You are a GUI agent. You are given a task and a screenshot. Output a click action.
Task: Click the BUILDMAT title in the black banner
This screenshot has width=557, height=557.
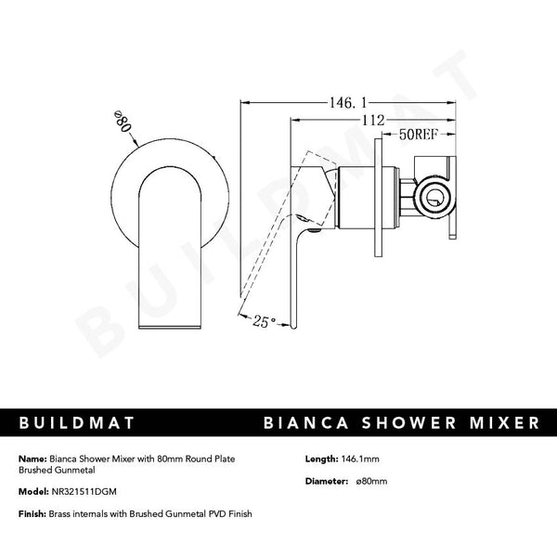coord(77,423)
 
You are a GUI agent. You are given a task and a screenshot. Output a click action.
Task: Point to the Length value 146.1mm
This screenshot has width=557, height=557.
coord(361,459)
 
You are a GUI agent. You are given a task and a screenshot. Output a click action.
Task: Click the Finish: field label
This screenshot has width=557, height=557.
coord(32,513)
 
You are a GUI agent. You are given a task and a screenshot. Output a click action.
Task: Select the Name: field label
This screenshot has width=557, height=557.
coord(31,459)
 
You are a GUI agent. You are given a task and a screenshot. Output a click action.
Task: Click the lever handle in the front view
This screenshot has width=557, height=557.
coord(170,251)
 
